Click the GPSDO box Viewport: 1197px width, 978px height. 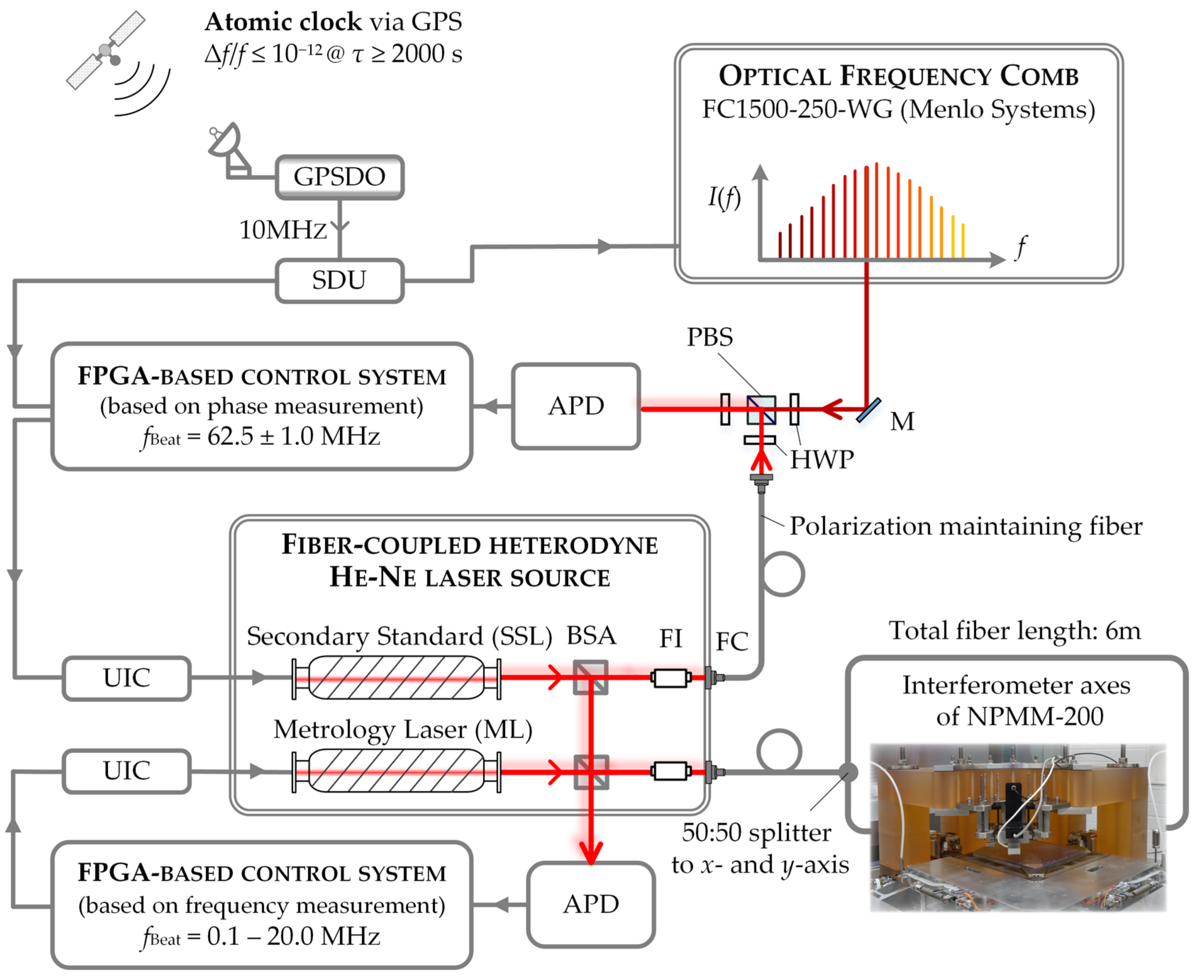(339, 177)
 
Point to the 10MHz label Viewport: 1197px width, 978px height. (282, 230)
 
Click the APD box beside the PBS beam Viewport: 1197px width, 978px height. (576, 406)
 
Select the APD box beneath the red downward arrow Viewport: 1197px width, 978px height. (591, 904)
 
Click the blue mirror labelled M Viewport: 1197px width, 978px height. (868, 410)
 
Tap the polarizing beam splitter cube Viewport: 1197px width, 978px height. (761, 410)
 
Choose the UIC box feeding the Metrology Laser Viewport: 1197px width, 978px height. (126, 771)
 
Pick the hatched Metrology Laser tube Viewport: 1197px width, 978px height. (396, 771)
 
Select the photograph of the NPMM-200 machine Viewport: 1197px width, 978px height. (1018, 828)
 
